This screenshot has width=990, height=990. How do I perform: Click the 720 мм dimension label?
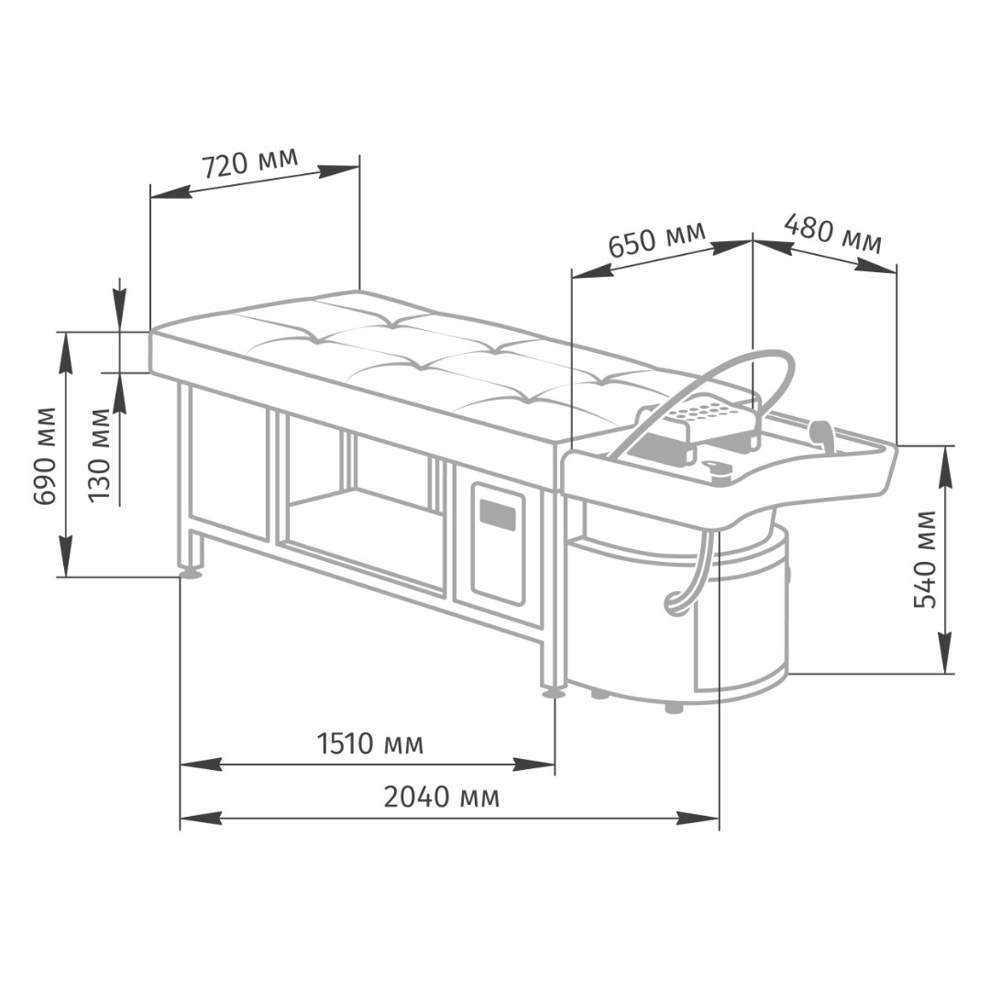click(x=249, y=163)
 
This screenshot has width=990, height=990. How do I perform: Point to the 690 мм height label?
click(x=45, y=456)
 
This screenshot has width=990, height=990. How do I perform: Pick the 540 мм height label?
click(x=926, y=559)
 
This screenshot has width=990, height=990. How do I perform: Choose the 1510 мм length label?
click(x=370, y=743)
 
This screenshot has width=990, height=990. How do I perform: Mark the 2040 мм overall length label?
click(x=441, y=797)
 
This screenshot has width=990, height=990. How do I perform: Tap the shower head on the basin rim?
click(x=822, y=434)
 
